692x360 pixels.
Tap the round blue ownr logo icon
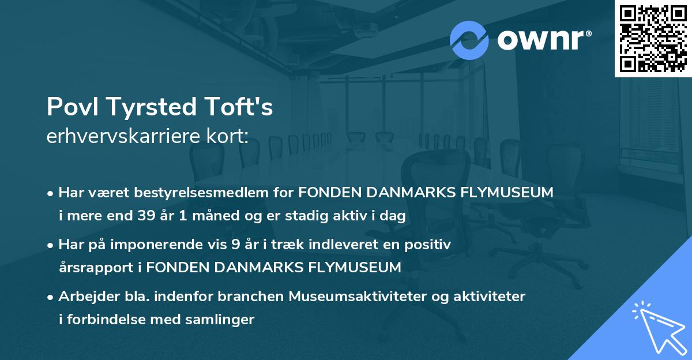click(x=469, y=40)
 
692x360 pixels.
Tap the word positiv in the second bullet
click(x=430, y=245)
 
